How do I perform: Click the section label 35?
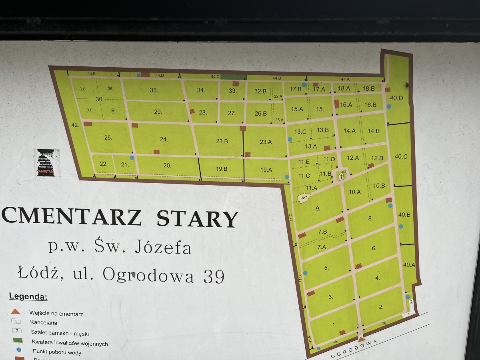pyautogui.click(x=154, y=90)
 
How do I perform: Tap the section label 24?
pyautogui.click(x=164, y=140)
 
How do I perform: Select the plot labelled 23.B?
pyautogui.click(x=222, y=141)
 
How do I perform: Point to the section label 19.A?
pyautogui.click(x=266, y=170)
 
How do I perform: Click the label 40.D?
pyautogui.click(x=396, y=98)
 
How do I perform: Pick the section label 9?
pyautogui.click(x=318, y=208)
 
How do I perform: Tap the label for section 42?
pyautogui.click(x=75, y=125)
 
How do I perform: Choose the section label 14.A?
pyautogui.click(x=349, y=131)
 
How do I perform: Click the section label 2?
pyautogui.click(x=381, y=307)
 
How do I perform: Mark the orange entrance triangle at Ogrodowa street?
pyautogui.click(x=362, y=340)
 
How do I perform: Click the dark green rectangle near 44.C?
pyautogui.click(x=233, y=77)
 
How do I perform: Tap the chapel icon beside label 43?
pyautogui.click(x=342, y=176)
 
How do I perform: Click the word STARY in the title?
pyautogui.click(x=197, y=218)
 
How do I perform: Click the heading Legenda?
pyautogui.click(x=28, y=297)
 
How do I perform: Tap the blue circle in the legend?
pyautogui.click(x=18, y=350)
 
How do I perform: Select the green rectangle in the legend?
pyautogui.click(x=18, y=340)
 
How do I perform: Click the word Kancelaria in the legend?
pyautogui.click(x=44, y=322)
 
